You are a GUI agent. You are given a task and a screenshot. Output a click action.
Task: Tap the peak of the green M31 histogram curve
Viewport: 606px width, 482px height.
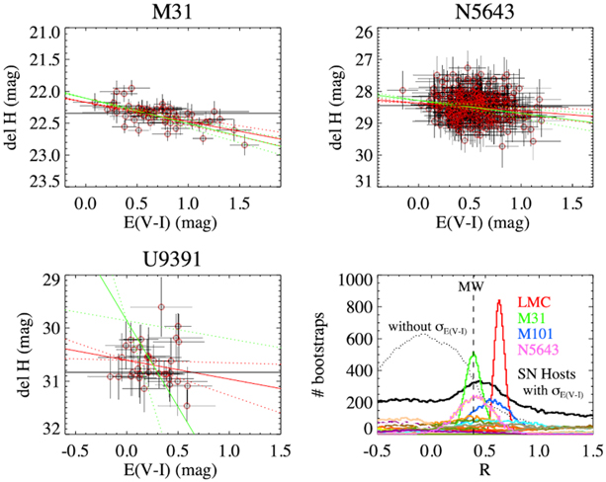(474, 352)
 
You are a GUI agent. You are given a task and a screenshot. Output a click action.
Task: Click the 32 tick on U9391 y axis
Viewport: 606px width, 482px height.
(43, 430)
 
